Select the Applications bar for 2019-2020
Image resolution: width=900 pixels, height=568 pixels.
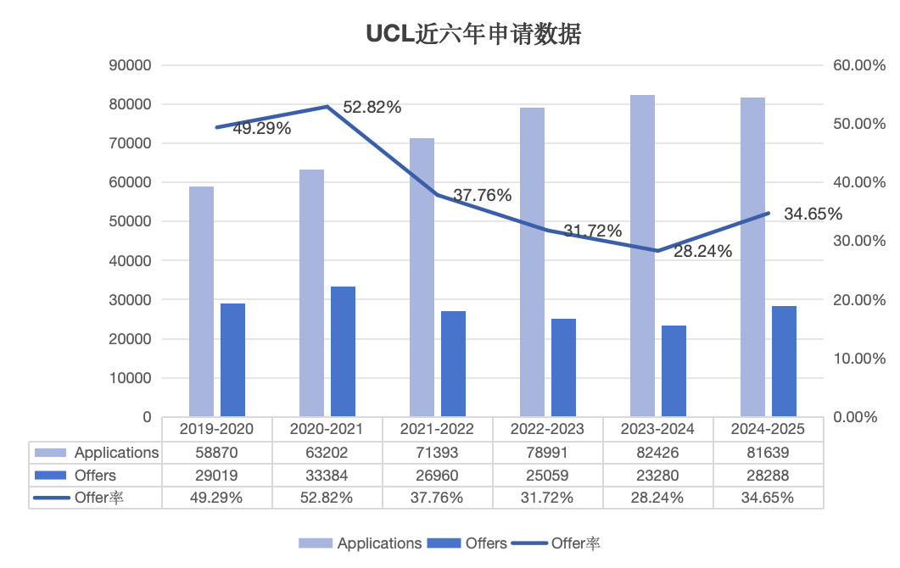coord(201,301)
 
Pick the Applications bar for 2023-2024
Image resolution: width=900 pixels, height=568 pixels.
coord(642,255)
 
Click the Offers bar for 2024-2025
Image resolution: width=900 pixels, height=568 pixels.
coord(784,361)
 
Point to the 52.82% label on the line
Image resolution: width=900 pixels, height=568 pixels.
coord(372,108)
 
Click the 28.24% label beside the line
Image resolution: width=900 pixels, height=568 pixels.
coord(702,252)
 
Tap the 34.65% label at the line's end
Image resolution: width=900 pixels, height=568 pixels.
coord(813,214)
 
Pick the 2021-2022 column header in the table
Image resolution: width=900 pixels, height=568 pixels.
coord(438,429)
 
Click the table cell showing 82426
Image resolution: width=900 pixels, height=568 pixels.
coord(657,453)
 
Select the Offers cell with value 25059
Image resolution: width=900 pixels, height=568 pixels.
coord(547,476)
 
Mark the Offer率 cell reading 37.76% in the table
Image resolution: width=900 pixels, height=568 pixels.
coord(438,498)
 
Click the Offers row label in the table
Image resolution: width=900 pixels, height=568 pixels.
coord(95,476)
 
